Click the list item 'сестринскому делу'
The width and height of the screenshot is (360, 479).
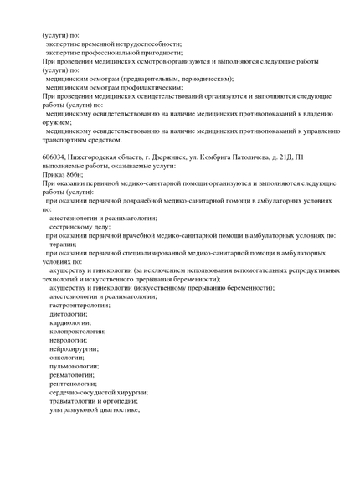[80, 226]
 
